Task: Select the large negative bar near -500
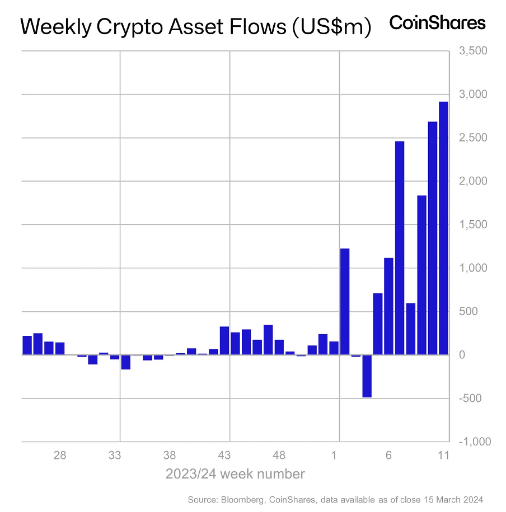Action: [367, 376]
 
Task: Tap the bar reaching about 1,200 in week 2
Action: [345, 301]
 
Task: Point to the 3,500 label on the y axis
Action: [474, 51]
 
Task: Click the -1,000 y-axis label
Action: [474, 442]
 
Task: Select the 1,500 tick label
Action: [474, 225]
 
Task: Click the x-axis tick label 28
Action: [60, 456]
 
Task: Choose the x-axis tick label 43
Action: [224, 456]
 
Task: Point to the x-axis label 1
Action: [334, 456]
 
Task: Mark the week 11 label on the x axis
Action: [443, 456]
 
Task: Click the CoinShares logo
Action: [437, 23]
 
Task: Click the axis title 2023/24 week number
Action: [235, 475]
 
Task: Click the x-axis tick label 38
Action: [170, 456]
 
